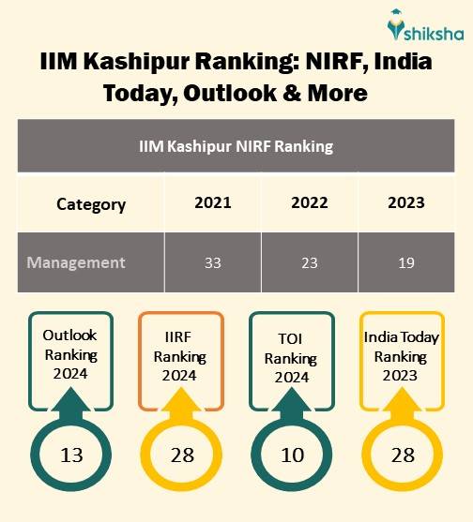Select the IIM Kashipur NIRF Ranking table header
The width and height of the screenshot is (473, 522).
[236, 146]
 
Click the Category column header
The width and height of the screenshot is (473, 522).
[91, 203]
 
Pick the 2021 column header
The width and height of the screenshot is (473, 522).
[213, 202]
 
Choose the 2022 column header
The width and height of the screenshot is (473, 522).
[311, 202]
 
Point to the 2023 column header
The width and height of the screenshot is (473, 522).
[405, 202]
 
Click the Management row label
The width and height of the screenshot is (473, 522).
[76, 262]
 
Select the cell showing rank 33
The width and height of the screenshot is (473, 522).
[213, 262]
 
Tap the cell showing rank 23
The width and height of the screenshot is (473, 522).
[311, 262]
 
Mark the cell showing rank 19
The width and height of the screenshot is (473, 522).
[405, 262]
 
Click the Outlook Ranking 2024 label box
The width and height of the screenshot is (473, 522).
[70, 356]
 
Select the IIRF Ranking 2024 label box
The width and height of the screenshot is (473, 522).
[180, 356]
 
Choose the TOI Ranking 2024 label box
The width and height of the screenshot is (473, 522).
[292, 356]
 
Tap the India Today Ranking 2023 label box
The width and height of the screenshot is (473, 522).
[401, 356]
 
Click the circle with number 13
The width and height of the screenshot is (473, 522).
[71, 455]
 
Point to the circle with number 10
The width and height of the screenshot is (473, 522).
[292, 455]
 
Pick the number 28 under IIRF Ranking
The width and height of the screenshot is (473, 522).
[181, 455]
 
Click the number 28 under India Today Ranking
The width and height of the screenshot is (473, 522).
[402, 455]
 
